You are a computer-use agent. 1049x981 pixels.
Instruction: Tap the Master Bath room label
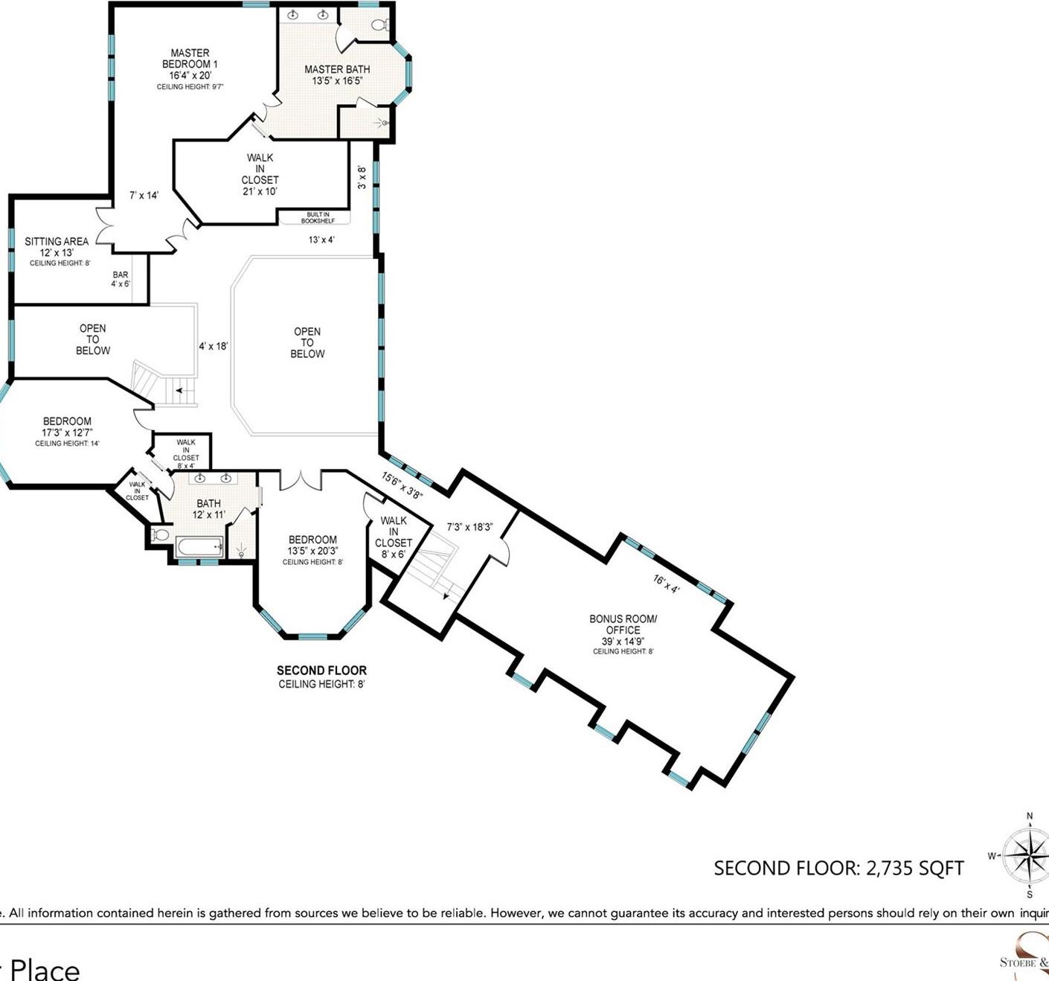(x=337, y=74)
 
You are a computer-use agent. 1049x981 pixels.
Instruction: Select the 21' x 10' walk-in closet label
(x=260, y=174)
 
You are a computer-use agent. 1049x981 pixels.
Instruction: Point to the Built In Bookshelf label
(x=318, y=217)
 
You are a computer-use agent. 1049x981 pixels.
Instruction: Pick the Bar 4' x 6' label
(x=121, y=279)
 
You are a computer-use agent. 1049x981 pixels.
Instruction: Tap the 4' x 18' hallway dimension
(x=213, y=346)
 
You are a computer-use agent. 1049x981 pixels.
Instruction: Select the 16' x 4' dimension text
(x=667, y=584)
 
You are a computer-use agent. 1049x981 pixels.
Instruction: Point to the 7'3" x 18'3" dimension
(x=469, y=527)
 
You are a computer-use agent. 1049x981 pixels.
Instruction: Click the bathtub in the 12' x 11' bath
(x=199, y=547)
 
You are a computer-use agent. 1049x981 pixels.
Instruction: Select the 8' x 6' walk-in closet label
(x=394, y=537)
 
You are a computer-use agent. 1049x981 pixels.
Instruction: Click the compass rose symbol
(x=1026, y=855)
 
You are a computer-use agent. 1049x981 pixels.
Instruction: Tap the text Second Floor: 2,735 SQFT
(x=838, y=869)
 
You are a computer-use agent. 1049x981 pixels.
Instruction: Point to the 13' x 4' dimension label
(x=321, y=240)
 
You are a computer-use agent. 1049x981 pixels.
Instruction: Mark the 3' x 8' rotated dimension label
(x=362, y=177)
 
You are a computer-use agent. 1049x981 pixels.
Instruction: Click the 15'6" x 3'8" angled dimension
(x=402, y=485)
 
